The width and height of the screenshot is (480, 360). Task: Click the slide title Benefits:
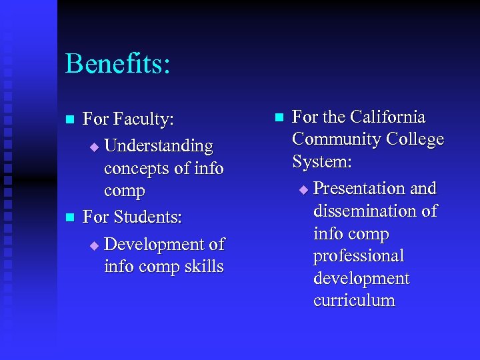point(118,65)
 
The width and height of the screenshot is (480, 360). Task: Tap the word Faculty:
point(143,120)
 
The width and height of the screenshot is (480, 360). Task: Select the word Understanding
point(159,145)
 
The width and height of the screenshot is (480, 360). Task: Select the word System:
point(322,162)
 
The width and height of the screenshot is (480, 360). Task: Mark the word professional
point(359,256)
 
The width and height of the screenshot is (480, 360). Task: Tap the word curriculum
point(354,301)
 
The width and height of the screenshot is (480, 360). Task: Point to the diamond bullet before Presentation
point(303,190)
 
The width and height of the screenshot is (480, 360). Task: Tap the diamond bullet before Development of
point(94,245)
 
